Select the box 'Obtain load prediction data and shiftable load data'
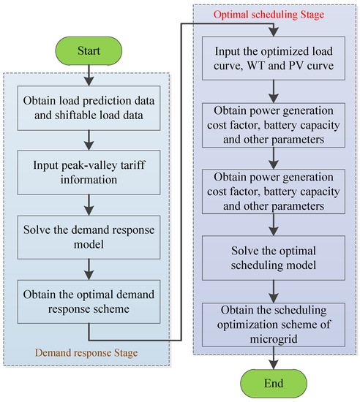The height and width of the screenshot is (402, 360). (x=89, y=107)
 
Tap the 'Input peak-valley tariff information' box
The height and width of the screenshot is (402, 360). (x=89, y=167)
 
